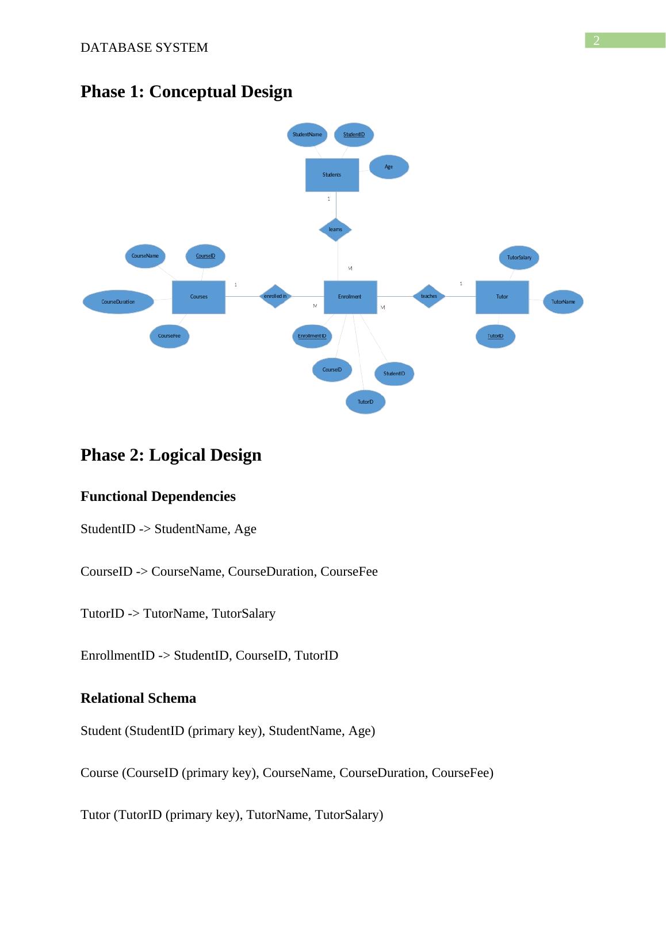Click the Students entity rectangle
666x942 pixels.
pyautogui.click(x=332, y=174)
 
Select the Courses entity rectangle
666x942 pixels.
pyautogui.click(x=199, y=297)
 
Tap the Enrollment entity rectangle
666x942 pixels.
pyautogui.click(x=350, y=297)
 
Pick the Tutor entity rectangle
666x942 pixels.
pyautogui.click(x=502, y=297)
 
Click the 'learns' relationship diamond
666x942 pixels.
pyautogui.click(x=335, y=229)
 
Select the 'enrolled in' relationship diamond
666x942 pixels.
pyautogui.click(x=275, y=296)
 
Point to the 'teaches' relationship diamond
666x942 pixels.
pyautogui.click(x=429, y=296)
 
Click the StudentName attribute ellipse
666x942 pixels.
pyautogui.click(x=307, y=135)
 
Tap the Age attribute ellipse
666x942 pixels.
pyautogui.click(x=389, y=167)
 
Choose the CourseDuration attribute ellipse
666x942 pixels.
pyautogui.click(x=118, y=301)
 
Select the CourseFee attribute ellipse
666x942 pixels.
pyautogui.click(x=170, y=336)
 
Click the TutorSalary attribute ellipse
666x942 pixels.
pyautogui.click(x=519, y=258)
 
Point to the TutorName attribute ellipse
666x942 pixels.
pyautogui.click(x=563, y=301)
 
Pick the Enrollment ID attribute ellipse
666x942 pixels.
pyautogui.click(x=312, y=336)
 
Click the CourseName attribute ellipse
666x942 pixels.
pyautogui.click(x=145, y=255)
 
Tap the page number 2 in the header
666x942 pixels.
pyautogui.click(x=596, y=40)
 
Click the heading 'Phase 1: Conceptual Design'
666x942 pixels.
pyautogui.click(x=186, y=91)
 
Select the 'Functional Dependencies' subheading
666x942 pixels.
pyautogui.click(x=158, y=496)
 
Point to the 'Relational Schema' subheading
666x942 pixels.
pyautogui.click(x=138, y=698)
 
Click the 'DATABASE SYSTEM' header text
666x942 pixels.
pyautogui.click(x=144, y=48)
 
